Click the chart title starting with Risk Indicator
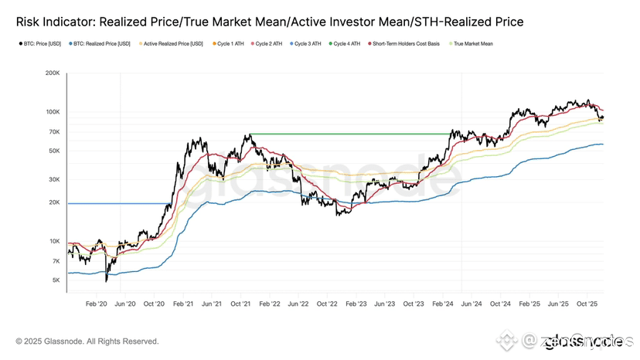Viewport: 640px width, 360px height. click(270, 22)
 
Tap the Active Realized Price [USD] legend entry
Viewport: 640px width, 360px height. click(173, 44)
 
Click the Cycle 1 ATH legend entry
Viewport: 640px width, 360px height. click(230, 44)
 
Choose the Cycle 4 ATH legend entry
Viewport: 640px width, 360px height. click(346, 44)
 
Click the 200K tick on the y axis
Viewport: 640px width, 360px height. click(53, 73)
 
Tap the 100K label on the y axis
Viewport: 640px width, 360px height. click(53, 112)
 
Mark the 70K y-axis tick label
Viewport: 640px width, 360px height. click(54, 132)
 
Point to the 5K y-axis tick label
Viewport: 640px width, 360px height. click(56, 280)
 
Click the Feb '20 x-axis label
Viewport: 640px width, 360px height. click(96, 304)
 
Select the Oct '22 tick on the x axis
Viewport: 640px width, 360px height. click(327, 304)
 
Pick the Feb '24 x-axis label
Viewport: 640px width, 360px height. click(443, 304)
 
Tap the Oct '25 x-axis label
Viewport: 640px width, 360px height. click(587, 304)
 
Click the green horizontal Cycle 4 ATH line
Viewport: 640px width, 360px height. click(348, 134)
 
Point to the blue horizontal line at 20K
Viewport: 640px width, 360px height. click(116, 203)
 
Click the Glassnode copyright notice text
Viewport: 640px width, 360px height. click(87, 341)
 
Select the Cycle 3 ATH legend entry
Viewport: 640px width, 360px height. click(308, 44)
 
